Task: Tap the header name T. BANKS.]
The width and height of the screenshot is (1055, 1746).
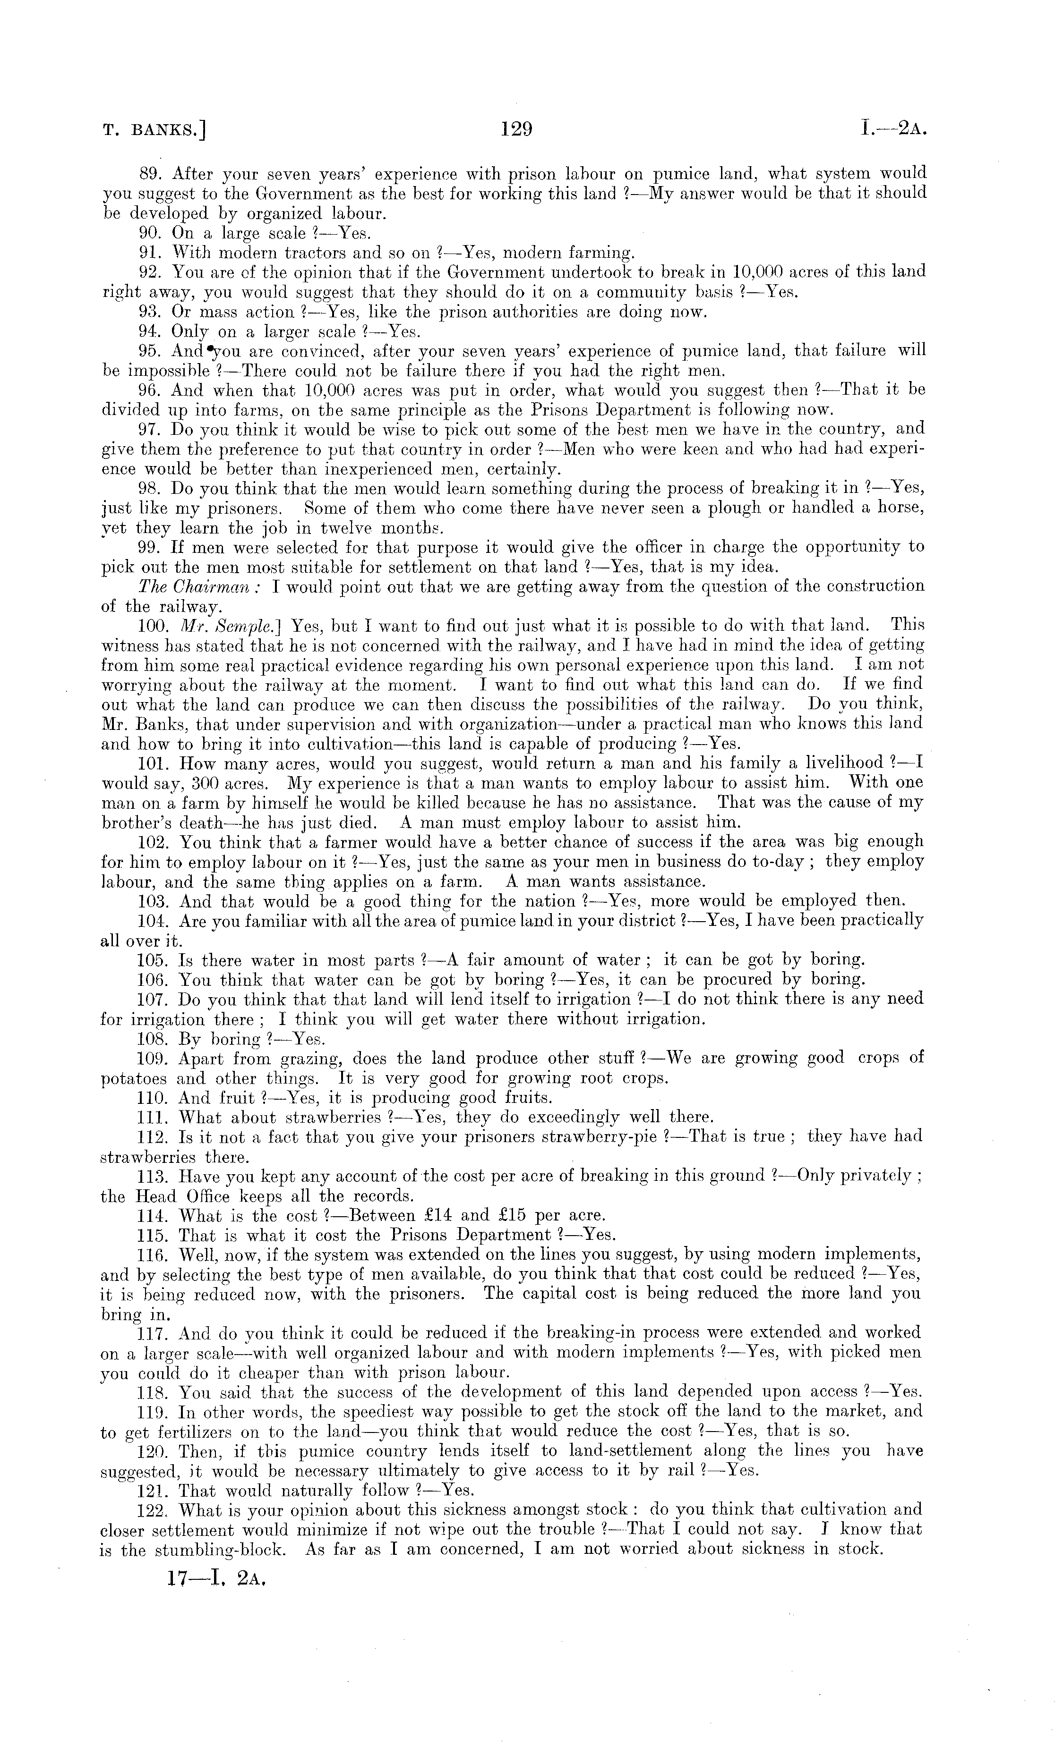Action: (x=154, y=131)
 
